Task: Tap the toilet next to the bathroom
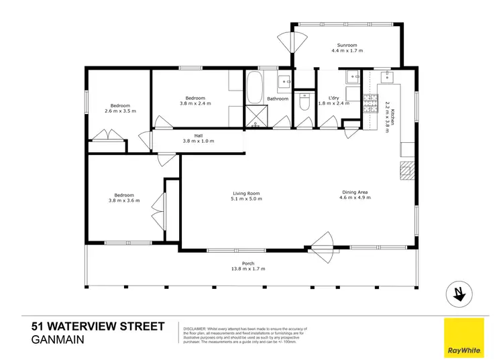coord(304,103)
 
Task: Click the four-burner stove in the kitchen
coord(370,103)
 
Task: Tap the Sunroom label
coord(349,45)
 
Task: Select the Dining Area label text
coord(353,193)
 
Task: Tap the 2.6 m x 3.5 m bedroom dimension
coord(121,111)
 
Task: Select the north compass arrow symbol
coord(459,294)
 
